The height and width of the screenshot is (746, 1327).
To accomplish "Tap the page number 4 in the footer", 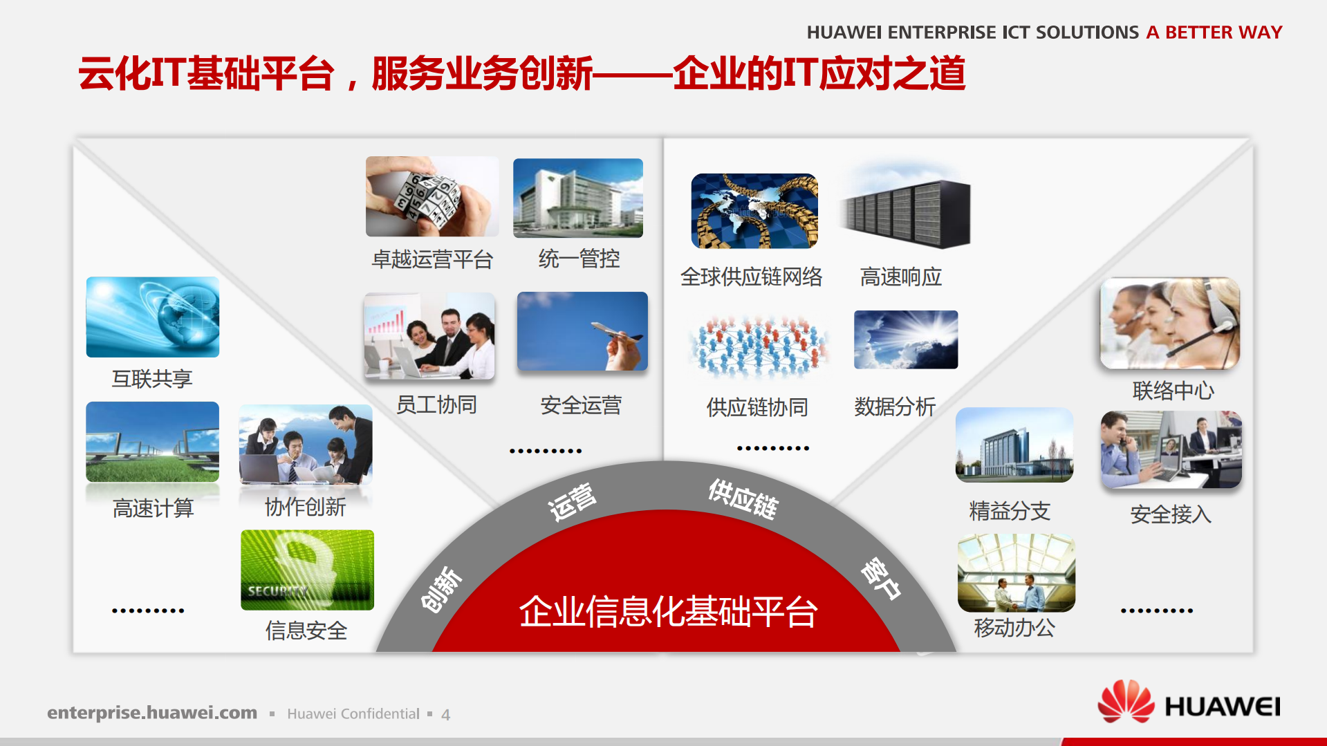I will (446, 714).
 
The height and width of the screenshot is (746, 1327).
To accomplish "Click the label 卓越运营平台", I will (432, 259).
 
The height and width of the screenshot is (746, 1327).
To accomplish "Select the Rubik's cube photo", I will (431, 196).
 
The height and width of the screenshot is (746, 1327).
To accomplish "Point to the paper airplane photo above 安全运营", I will (582, 331).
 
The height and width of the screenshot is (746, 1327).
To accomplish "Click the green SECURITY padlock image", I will (307, 570).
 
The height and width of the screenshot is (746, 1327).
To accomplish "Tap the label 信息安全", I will (306, 631).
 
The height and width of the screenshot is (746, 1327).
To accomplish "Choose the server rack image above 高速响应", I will (905, 212).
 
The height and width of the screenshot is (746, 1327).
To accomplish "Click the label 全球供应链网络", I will (751, 277).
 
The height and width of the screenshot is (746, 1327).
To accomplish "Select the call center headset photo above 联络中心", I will (1169, 323).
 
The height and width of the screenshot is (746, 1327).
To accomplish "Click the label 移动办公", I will (1014, 628).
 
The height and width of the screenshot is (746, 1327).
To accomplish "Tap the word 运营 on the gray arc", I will (572, 501).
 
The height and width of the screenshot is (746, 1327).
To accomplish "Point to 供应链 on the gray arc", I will (743, 498).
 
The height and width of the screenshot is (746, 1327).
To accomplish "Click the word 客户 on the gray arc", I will (880, 577).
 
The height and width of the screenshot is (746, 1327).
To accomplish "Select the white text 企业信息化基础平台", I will (668, 611).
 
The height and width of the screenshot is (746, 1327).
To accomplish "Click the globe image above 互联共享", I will (153, 317).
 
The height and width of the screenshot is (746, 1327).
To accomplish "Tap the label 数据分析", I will (895, 407).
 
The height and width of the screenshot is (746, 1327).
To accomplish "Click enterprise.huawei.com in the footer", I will (152, 713).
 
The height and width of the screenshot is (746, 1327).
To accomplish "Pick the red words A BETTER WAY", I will (1214, 32).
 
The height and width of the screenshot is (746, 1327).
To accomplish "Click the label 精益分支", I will (1010, 511).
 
